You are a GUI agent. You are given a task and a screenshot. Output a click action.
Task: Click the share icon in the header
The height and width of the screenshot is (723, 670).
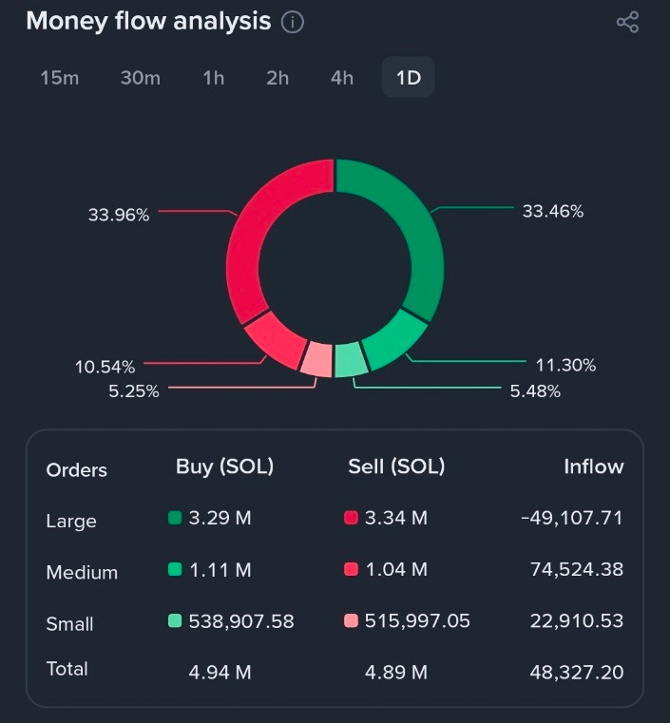click(x=627, y=22)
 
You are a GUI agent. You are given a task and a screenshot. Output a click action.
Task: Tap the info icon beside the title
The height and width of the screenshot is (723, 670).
click(x=293, y=22)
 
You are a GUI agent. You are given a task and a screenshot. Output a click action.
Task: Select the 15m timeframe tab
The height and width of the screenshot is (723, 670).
click(x=60, y=78)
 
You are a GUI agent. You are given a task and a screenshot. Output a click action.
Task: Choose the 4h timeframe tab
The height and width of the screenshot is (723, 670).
click(x=342, y=78)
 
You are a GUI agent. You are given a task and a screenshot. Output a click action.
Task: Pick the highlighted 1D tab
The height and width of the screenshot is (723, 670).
click(x=409, y=78)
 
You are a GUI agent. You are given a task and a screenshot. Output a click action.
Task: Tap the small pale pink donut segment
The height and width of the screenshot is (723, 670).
click(x=317, y=359)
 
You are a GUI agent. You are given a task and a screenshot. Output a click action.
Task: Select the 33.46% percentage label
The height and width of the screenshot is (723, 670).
click(x=553, y=211)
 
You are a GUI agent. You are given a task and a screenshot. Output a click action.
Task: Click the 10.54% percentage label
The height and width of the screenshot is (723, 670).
click(x=105, y=367)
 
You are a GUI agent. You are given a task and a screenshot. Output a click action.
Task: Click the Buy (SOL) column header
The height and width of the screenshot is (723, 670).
click(x=224, y=466)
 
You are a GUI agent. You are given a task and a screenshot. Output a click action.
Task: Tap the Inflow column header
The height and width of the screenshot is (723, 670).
click(x=593, y=466)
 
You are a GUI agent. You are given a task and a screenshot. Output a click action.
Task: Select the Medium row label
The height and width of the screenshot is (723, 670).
click(x=82, y=572)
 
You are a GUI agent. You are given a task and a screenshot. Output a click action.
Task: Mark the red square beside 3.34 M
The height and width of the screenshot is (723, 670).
click(x=351, y=518)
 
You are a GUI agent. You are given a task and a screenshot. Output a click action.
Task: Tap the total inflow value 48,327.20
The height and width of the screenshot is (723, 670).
click(x=577, y=672)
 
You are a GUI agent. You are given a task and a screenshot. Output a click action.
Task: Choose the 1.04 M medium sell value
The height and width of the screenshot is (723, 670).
click(x=396, y=569)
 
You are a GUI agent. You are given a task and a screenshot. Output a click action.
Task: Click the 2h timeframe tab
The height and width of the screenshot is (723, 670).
click(x=278, y=78)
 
